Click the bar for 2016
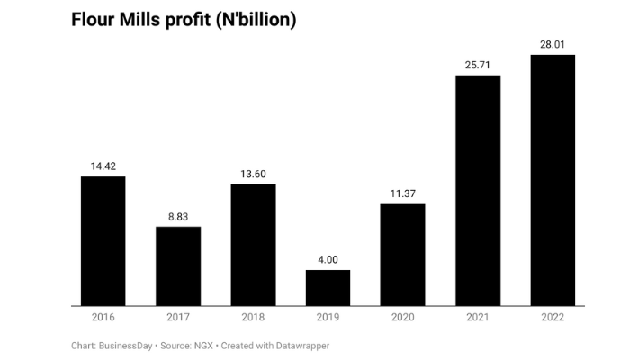[x=103, y=241]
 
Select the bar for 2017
[x=178, y=266]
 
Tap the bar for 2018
[x=253, y=245]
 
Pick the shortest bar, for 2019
[x=328, y=288]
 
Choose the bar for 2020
[x=402, y=255]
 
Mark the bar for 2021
[x=478, y=191]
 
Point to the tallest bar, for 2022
[x=553, y=180]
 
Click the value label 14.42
[x=103, y=166]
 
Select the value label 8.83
[x=178, y=217]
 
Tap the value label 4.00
[x=328, y=260]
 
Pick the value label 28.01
[x=553, y=45]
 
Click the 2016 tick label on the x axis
[x=103, y=317]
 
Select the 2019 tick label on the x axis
[x=328, y=317]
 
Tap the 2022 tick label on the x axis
[x=553, y=317]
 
